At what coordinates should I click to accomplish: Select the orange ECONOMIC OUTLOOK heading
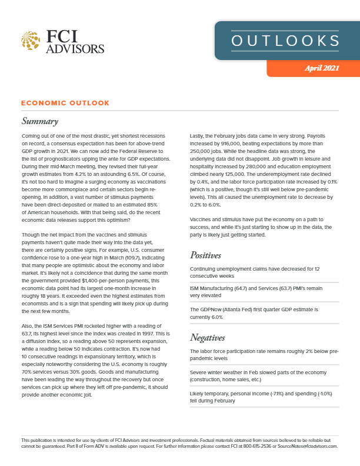(65, 103)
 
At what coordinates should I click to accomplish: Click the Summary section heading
(40, 122)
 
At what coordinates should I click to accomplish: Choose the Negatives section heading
(211, 337)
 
